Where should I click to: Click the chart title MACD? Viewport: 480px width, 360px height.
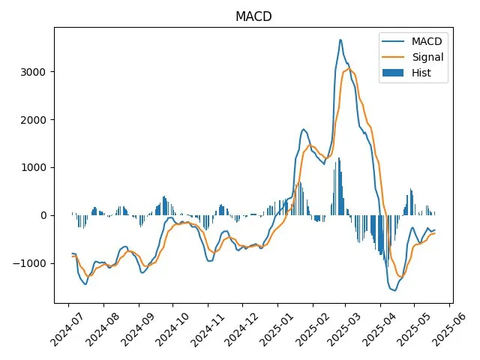coord(253,16)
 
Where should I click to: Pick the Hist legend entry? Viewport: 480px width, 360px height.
coord(421,73)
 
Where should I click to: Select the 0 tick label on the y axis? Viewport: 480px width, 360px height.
coord(43,215)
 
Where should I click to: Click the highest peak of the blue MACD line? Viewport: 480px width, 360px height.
coord(340,40)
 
